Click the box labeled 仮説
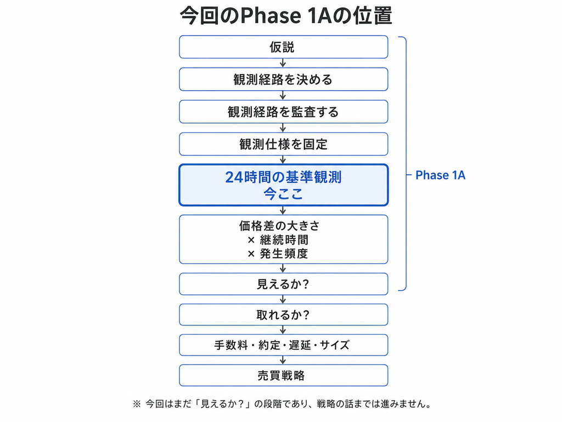click(x=284, y=47)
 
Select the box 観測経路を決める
click(x=284, y=79)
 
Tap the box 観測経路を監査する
click(x=284, y=112)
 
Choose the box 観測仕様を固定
click(x=284, y=144)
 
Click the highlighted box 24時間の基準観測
click(x=284, y=185)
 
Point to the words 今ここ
click(x=283, y=194)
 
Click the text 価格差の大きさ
click(x=279, y=226)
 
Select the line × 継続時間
click(x=278, y=240)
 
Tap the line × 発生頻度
click(x=278, y=254)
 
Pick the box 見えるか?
click(x=284, y=284)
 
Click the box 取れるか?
click(x=284, y=315)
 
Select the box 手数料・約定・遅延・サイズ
click(x=284, y=345)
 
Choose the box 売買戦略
click(x=284, y=375)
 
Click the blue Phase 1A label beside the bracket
click(x=440, y=175)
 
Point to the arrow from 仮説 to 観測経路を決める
click(x=283, y=63)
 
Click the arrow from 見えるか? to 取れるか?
click(x=283, y=299)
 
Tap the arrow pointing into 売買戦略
click(x=283, y=360)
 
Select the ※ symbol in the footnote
click(x=137, y=404)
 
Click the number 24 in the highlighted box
click(x=235, y=177)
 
